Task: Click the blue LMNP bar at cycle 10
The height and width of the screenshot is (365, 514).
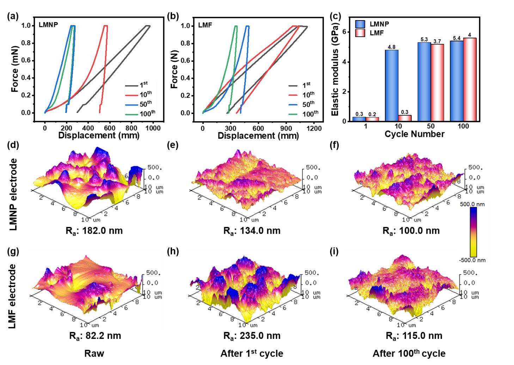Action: [392, 85]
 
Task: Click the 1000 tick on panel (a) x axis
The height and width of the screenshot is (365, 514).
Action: [153, 128]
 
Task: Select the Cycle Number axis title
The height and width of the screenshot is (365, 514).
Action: [414, 134]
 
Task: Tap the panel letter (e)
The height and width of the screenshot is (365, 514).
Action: [172, 145]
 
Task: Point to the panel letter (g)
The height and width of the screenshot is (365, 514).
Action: [13, 251]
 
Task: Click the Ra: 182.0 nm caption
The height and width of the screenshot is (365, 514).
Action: [94, 231]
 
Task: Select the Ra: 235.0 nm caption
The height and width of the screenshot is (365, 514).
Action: [252, 335]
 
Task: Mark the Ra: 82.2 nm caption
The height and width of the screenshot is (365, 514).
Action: [95, 335]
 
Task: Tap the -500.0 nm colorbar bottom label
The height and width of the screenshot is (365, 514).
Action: [473, 260]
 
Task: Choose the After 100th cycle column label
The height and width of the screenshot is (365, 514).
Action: [409, 353]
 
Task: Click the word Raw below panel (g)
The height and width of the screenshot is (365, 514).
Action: [94, 353]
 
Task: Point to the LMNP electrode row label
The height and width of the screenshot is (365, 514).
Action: [13, 194]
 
